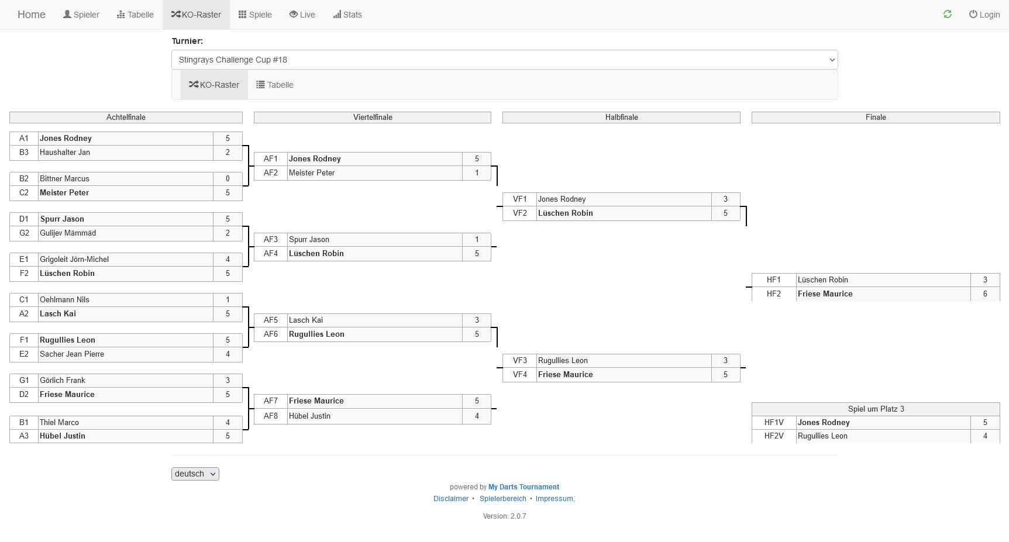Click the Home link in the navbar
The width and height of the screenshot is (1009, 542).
[x=32, y=15]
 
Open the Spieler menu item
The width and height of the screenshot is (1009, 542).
[x=81, y=15]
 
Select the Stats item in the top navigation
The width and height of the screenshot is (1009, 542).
[x=347, y=15]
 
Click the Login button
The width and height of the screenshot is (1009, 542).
[x=984, y=15]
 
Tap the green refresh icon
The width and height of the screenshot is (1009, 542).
[x=948, y=14]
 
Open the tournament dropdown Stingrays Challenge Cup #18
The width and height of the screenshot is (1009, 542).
[x=504, y=60]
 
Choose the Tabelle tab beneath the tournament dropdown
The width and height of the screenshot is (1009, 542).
[x=275, y=85]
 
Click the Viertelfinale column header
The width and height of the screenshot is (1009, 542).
[x=373, y=118]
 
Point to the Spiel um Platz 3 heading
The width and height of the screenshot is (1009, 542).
[x=876, y=409]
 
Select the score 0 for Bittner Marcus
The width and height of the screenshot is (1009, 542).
[x=228, y=179]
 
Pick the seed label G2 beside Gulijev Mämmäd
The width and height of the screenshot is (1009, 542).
[x=24, y=233]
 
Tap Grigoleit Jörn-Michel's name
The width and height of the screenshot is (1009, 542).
[x=74, y=260]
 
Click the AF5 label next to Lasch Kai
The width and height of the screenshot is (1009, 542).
[x=271, y=320]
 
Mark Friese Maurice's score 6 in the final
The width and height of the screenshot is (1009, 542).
[x=985, y=294]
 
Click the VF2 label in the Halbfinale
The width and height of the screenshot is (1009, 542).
[x=520, y=213]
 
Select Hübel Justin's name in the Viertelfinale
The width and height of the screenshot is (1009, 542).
[x=309, y=416]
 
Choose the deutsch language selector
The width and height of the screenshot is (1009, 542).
[x=195, y=474]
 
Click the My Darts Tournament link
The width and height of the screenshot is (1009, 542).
[x=524, y=487]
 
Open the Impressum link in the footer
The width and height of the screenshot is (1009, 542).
[x=555, y=499]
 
